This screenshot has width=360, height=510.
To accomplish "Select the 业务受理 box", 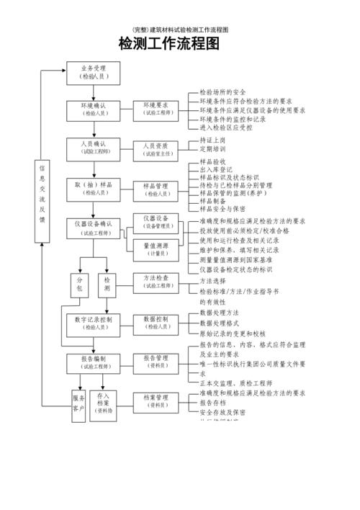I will (93, 72).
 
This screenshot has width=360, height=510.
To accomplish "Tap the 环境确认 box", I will (93, 109).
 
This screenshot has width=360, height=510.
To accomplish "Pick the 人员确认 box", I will (93, 148).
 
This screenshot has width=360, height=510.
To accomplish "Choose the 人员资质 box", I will (156, 149).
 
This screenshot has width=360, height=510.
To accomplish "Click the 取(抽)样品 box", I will (93, 189).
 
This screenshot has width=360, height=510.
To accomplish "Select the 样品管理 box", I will (156, 189).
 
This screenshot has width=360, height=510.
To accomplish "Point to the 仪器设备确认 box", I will (93, 228).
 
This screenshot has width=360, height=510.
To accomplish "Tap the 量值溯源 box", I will (156, 249).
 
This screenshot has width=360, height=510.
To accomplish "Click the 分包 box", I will (78, 284).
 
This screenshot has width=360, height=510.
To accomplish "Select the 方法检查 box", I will (156, 282).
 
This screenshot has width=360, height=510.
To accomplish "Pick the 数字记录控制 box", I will (93, 322).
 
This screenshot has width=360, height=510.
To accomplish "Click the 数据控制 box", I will (156, 322).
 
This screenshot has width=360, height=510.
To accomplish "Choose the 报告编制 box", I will (93, 362).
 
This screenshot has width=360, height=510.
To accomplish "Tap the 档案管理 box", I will (156, 401).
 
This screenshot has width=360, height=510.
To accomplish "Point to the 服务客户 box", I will (78, 404).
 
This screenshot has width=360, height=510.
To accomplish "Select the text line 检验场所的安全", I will (223, 92).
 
